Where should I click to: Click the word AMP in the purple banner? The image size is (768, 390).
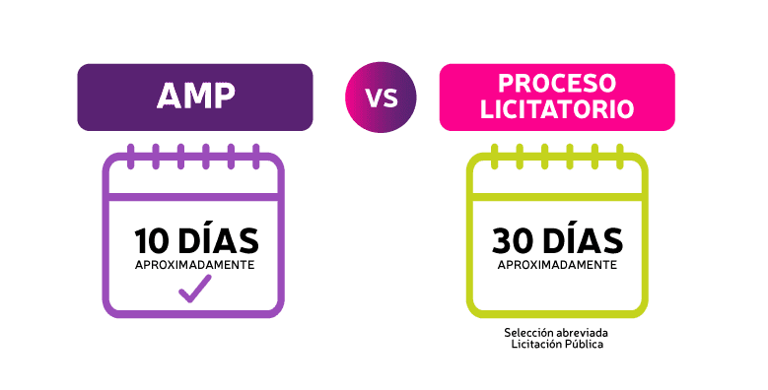coord(195,97)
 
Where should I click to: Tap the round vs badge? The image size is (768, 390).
coord(381,97)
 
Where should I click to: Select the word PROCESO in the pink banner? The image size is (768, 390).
coord(557,83)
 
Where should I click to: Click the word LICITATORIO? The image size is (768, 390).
coord(557,108)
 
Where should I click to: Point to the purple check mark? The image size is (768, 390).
coord(194,288)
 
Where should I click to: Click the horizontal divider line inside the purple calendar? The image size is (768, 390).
coord(193,197)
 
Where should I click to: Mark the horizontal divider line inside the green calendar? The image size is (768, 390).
coord(557,197)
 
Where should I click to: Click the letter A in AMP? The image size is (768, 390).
coord(168,97)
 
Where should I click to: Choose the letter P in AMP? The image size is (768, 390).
coord(224,97)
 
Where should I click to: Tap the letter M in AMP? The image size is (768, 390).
coord(195,97)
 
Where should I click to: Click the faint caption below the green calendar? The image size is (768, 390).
coord(558,340)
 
